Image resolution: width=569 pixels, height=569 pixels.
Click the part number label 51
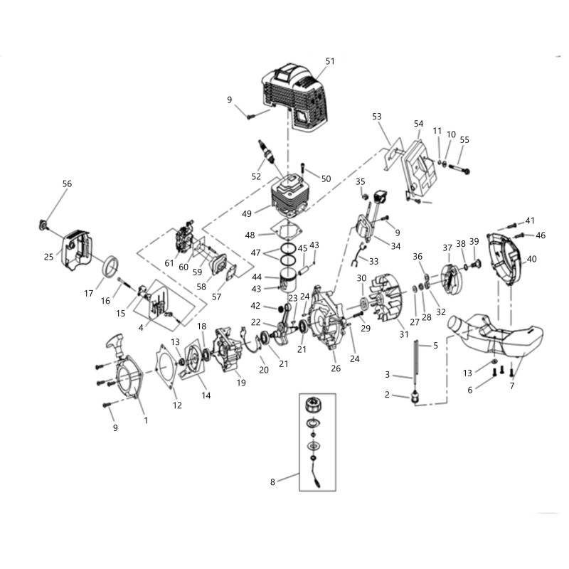(x=330, y=61)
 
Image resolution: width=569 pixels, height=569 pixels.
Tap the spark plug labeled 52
(x=266, y=151)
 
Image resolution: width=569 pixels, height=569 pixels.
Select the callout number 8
(x=272, y=482)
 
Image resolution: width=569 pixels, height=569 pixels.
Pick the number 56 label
(x=67, y=184)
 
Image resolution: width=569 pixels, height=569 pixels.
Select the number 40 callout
(x=531, y=259)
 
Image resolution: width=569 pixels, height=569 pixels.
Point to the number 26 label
(x=336, y=368)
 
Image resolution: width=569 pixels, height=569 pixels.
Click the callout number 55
(x=464, y=139)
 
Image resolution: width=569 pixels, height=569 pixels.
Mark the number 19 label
(x=241, y=383)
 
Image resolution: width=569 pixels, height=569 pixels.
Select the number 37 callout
(x=447, y=248)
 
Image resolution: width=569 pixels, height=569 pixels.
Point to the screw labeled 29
(x=358, y=314)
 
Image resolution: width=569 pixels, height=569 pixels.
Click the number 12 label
(x=177, y=405)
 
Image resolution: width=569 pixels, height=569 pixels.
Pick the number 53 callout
(x=377, y=117)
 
